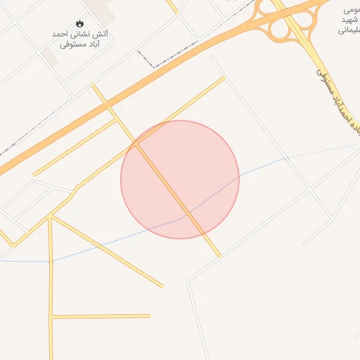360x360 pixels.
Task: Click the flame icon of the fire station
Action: pos(79,23)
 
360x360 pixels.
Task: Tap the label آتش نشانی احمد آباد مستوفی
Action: pos(79,39)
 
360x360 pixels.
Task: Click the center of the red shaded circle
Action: pos(180,179)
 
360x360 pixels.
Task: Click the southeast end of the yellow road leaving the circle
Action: pos(219,256)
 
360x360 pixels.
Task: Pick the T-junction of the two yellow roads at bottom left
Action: pos(51,317)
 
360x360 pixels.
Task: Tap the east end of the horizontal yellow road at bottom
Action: pos(150,316)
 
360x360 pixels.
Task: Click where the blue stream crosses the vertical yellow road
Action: pos(51,261)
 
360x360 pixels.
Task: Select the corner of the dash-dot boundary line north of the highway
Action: pos(139,51)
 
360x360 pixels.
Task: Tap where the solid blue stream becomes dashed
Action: pos(285,158)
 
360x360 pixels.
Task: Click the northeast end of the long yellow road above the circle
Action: pos(224,77)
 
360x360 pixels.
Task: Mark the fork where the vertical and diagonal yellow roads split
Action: pos(51,218)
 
